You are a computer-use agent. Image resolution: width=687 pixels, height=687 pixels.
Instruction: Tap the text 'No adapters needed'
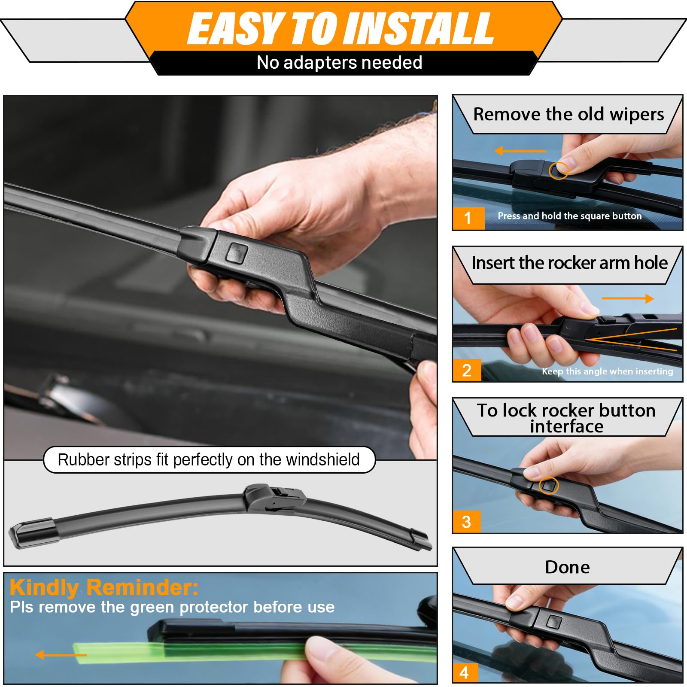(339, 63)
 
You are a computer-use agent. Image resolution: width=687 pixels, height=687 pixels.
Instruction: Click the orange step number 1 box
(468, 218)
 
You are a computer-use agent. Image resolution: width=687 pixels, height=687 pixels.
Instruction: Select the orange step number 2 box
(467, 370)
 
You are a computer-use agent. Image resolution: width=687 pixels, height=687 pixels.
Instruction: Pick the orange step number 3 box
(467, 522)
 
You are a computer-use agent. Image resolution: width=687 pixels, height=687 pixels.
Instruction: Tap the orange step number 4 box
(464, 672)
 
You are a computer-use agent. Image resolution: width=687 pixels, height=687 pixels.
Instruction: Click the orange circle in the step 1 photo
(558, 170)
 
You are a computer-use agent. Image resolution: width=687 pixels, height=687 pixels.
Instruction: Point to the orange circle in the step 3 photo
(549, 485)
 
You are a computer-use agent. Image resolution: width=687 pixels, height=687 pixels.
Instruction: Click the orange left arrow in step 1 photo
(520, 151)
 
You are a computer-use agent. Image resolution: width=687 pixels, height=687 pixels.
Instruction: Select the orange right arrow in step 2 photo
(628, 298)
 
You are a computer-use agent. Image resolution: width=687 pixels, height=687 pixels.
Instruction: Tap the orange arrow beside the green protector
(61, 655)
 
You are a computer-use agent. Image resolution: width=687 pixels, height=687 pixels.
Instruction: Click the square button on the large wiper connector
(237, 252)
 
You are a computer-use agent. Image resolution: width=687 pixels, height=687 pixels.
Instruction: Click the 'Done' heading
(567, 567)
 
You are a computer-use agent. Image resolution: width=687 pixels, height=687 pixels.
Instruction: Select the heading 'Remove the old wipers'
(568, 114)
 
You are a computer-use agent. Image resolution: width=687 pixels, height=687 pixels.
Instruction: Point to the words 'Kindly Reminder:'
(104, 587)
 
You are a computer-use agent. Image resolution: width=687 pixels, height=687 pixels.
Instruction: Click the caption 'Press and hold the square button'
(570, 216)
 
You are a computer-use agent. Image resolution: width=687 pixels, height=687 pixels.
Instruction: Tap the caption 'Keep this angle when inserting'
(608, 371)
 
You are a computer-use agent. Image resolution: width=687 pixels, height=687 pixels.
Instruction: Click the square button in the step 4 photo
(554, 622)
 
